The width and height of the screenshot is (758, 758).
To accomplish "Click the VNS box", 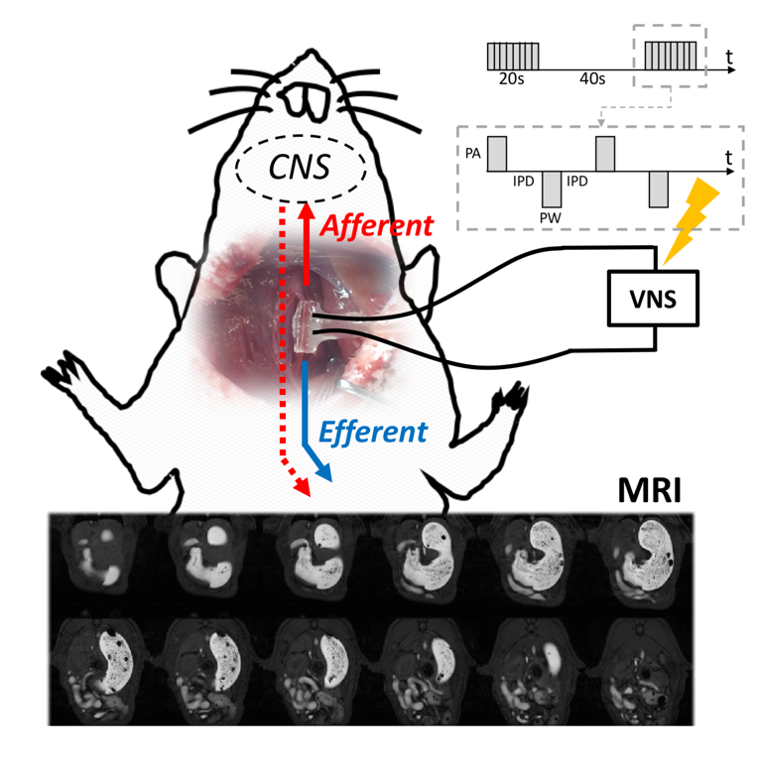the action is pyautogui.click(x=653, y=299).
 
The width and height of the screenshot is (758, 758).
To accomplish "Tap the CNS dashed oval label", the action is pyautogui.click(x=300, y=168).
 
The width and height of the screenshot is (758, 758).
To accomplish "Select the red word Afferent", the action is pyautogui.click(x=377, y=226).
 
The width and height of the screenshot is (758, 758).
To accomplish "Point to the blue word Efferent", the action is pyautogui.click(x=373, y=432).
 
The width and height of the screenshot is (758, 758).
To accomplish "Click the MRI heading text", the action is pyautogui.click(x=649, y=491).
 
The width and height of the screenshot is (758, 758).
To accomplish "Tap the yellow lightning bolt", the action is pyautogui.click(x=692, y=220).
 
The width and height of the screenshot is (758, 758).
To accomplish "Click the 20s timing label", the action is pyautogui.click(x=512, y=78).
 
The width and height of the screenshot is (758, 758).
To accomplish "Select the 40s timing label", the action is pyautogui.click(x=592, y=78).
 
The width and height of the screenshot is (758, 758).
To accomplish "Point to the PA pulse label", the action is pyautogui.click(x=473, y=154).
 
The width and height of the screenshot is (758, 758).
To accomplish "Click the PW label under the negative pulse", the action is pyautogui.click(x=550, y=218).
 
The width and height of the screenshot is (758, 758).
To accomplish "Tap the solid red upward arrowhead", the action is pyautogui.click(x=306, y=211).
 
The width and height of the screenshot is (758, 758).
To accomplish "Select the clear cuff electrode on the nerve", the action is pyautogui.click(x=305, y=327).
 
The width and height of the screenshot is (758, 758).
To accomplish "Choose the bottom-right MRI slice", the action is pyautogui.click(x=641, y=672).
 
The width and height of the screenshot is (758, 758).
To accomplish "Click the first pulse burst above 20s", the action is pyautogui.click(x=513, y=57).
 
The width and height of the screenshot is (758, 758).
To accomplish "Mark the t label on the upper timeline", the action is pyautogui.click(x=729, y=58).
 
